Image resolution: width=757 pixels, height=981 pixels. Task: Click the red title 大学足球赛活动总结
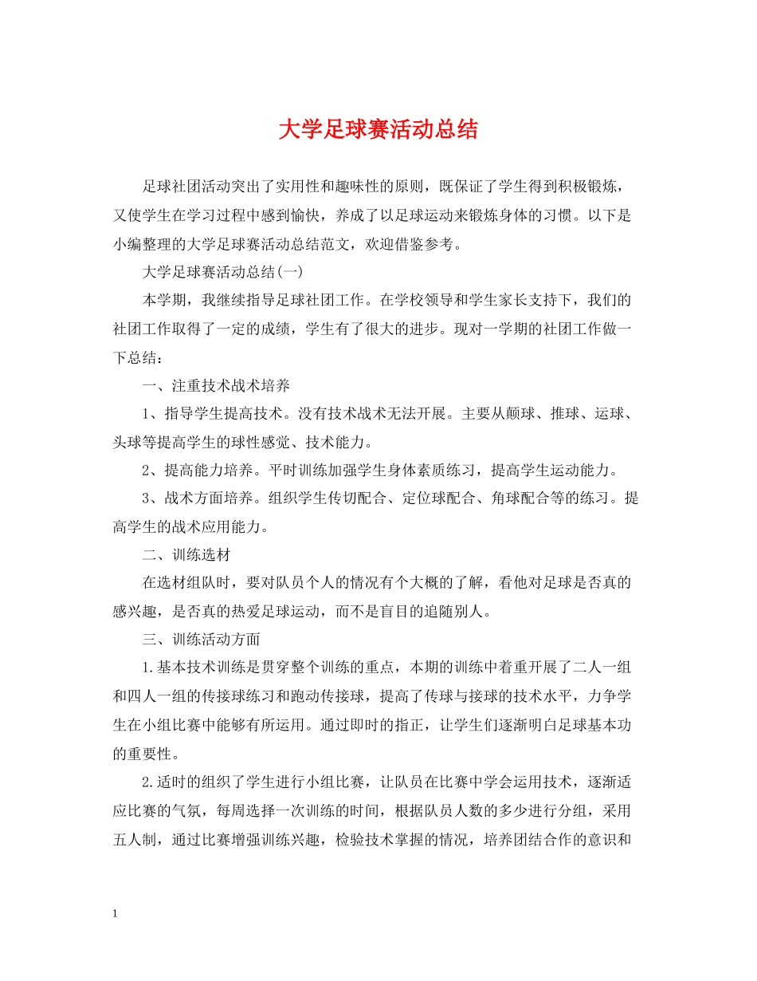378,130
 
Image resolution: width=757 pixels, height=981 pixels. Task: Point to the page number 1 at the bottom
116,913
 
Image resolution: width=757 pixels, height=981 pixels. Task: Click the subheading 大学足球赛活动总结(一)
222,272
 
